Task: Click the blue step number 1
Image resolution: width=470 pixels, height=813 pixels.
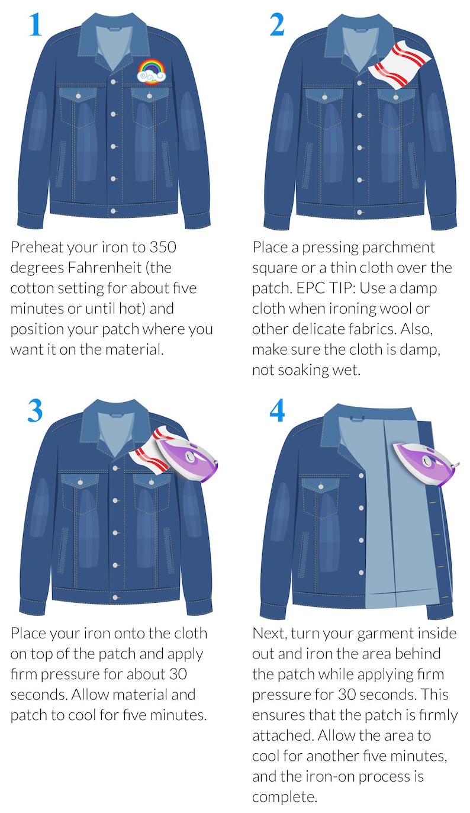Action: click(36, 25)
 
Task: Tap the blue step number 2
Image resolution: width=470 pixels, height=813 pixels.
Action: click(277, 25)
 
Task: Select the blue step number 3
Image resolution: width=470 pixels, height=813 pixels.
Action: click(35, 410)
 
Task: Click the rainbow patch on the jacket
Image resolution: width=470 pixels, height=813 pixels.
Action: click(152, 73)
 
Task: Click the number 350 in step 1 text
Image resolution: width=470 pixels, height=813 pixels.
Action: click(163, 248)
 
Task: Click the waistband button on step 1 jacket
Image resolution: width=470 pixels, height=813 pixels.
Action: click(113, 211)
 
